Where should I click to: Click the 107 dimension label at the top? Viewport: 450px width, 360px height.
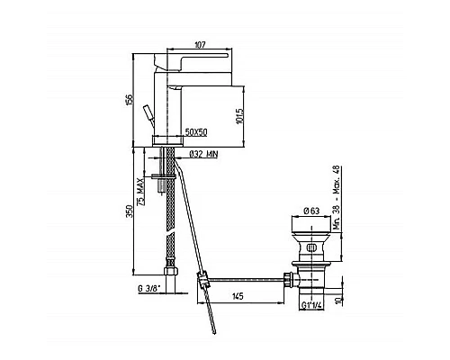point(200,45)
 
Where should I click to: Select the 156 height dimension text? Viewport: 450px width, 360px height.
point(129,99)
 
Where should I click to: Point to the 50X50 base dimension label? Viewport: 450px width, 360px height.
point(196,132)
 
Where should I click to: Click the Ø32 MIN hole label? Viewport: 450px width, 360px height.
point(203,155)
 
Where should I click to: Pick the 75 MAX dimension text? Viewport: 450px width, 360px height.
point(140,191)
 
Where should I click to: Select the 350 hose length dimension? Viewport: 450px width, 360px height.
point(129,211)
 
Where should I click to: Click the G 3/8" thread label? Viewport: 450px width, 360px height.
point(149,289)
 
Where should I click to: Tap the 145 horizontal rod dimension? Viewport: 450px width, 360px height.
point(238,296)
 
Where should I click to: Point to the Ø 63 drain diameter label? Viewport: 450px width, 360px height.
point(311,211)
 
